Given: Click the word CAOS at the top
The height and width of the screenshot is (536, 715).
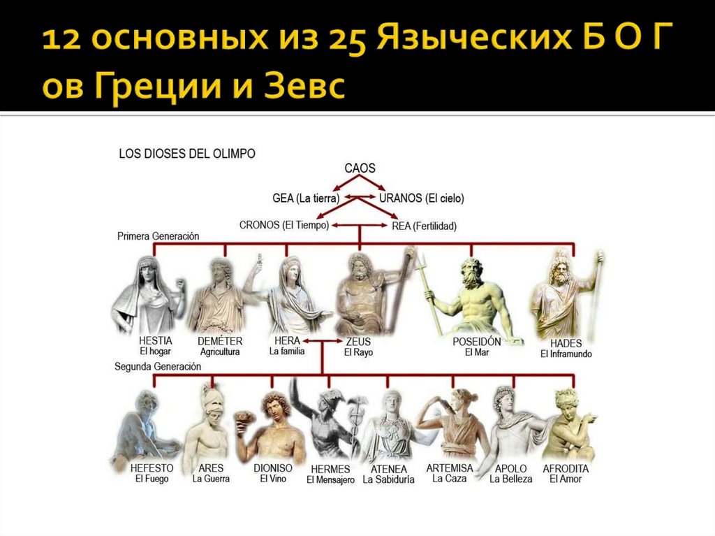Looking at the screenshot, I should point(360,168).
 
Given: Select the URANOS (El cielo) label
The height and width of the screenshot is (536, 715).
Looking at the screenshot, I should point(421,198).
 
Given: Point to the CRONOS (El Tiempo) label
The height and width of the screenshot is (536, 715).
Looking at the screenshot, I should point(284,225).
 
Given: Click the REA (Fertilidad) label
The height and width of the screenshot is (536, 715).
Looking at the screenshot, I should point(424,226).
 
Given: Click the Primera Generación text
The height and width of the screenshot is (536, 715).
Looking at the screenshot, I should point(158,236).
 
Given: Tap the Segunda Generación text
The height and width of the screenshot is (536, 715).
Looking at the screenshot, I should point(158,366).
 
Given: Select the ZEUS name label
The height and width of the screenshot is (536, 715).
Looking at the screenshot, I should point(358,342).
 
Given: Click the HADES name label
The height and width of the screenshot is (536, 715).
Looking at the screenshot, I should point(566,344).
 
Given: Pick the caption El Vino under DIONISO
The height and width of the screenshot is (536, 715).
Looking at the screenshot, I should point(274,479).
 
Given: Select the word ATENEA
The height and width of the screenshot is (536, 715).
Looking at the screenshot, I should point(388,469).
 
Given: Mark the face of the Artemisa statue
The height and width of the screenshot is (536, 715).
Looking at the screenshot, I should point(457,401).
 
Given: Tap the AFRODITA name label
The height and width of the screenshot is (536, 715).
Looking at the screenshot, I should point(566,468).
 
